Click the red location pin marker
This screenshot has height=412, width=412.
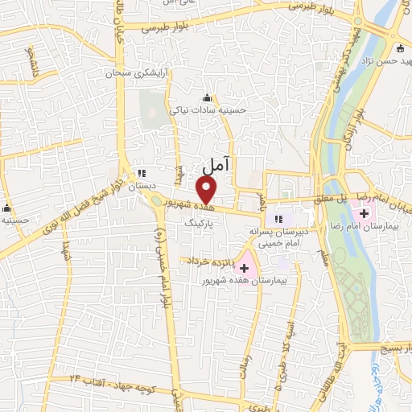pyautogui.click(x=207, y=191)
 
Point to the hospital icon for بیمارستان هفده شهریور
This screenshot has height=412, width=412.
pyautogui.click(x=245, y=266)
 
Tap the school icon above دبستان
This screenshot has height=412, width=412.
pyautogui.click(x=142, y=173)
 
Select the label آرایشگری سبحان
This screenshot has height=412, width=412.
pyautogui.click(x=137, y=73)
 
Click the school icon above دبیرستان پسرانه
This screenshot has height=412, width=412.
pyautogui.click(x=279, y=219)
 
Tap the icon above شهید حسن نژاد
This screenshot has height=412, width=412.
pyautogui.click(x=400, y=47)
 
